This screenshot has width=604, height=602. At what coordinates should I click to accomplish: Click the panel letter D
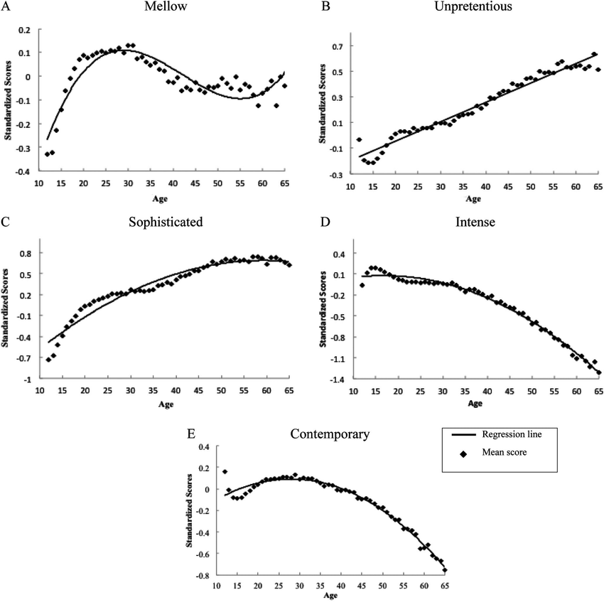(325, 222)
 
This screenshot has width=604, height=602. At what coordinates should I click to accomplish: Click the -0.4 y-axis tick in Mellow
(24, 172)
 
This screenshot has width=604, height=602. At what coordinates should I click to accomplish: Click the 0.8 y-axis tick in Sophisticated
(25, 253)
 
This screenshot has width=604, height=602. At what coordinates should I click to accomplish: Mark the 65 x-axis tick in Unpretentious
(598, 186)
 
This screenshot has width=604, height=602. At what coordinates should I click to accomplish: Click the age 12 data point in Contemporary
(225, 471)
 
